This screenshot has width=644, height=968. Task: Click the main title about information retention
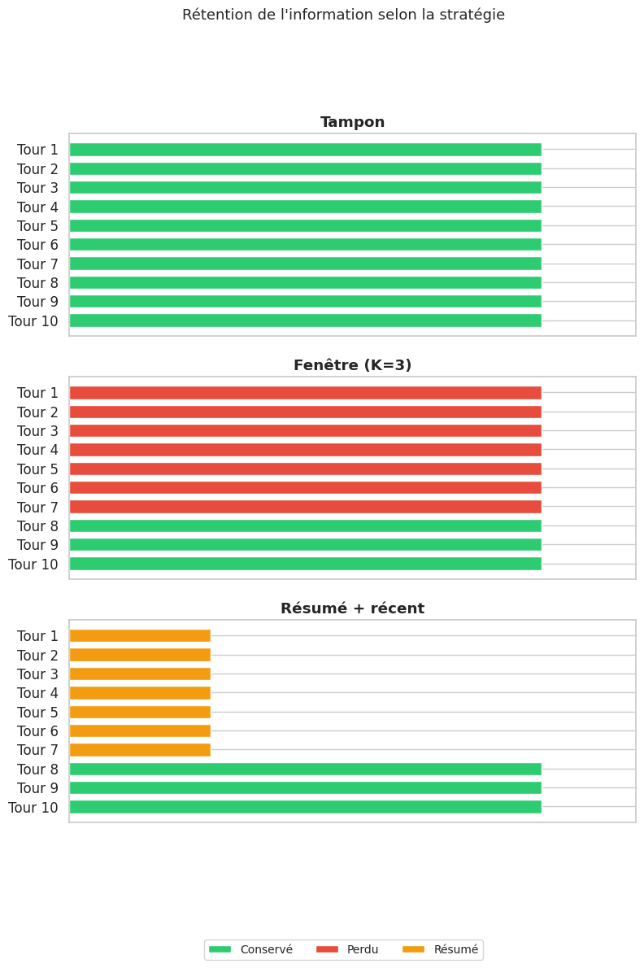tap(343, 15)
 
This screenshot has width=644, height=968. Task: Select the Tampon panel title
tap(352, 122)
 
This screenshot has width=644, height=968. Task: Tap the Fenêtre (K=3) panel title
tap(352, 365)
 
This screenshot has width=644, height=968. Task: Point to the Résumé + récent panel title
tap(352, 608)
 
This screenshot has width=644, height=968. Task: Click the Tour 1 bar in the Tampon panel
tap(305, 150)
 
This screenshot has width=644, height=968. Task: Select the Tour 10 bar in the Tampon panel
tap(305, 320)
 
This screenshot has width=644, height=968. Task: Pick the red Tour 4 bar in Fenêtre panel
tap(305, 450)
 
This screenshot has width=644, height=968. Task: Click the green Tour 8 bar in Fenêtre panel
tap(305, 526)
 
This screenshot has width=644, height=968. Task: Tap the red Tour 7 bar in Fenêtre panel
tap(305, 507)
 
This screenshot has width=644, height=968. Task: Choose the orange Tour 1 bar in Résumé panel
tap(140, 636)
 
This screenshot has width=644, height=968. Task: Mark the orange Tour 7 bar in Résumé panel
tap(140, 750)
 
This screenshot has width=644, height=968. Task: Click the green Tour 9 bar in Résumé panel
tap(305, 788)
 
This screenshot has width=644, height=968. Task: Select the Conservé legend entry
tap(250, 949)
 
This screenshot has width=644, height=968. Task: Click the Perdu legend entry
tap(347, 949)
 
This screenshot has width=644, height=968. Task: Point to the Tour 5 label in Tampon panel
tap(37, 226)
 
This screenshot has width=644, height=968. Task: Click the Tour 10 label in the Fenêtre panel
tap(33, 564)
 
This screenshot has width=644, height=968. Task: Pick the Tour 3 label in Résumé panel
tap(37, 674)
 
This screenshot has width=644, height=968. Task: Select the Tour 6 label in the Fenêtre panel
tap(37, 488)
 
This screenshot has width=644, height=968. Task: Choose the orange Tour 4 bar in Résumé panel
tap(140, 693)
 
